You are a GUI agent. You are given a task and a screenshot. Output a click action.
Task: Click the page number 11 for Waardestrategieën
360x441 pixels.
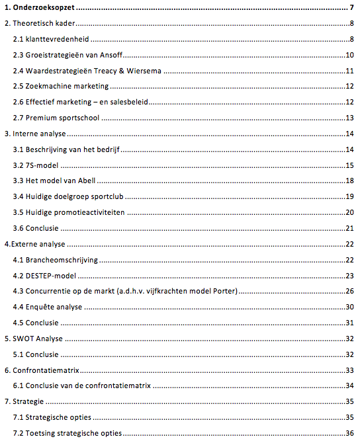click(x=349, y=71)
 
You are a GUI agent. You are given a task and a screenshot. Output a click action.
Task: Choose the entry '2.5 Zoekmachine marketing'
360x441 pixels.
click(x=61, y=87)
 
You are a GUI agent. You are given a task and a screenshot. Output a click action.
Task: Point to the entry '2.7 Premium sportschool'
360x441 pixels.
click(x=56, y=118)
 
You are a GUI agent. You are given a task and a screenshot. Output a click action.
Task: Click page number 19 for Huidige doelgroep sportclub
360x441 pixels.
click(x=349, y=197)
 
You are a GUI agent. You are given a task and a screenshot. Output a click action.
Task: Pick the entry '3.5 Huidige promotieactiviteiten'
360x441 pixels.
click(x=68, y=212)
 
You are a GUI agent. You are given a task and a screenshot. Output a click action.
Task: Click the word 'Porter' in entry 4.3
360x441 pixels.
click(x=220, y=291)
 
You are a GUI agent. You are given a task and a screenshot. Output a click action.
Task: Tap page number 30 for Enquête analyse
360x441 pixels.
click(x=349, y=307)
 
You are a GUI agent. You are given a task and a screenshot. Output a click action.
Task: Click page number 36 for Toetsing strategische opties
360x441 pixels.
click(x=349, y=433)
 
